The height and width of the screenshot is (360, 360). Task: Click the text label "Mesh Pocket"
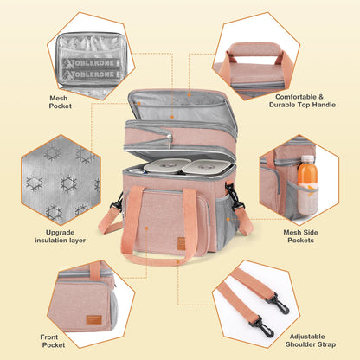pos(61,102)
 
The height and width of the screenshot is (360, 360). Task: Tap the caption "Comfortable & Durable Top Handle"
pos(302,101)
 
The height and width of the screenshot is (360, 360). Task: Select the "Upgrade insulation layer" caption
pos(61,236)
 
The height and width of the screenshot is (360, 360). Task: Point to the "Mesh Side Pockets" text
pos(300,236)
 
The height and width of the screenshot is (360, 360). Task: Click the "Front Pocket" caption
pos(53,341)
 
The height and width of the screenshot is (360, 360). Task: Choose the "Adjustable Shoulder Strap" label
pos(311,340)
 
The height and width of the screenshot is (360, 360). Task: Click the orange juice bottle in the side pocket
pos(307,184)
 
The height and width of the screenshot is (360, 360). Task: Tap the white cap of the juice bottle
pos(307,158)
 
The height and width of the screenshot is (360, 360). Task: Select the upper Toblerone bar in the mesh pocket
pos(92,63)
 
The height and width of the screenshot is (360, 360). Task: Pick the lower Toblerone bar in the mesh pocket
pos(92,74)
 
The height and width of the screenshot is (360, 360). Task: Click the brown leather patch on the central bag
pos(182,244)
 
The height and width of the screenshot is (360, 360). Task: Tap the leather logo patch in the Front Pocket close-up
pos(94,319)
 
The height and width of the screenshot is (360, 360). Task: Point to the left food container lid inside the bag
pos(167,165)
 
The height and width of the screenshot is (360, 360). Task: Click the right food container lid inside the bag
pos(207,167)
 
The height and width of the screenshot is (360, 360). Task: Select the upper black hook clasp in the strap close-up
pos(278,303)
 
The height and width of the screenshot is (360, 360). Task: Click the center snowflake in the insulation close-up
pos(68,183)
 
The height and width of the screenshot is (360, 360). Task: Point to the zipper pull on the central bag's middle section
pos(170,140)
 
